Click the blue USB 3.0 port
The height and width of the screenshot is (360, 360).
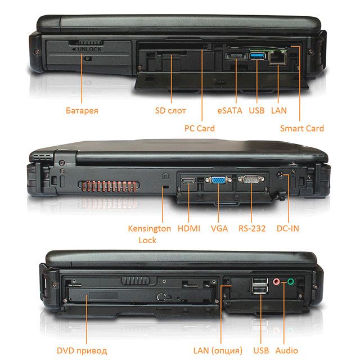258,56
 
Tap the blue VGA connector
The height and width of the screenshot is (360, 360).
218,180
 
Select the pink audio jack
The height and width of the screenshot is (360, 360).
276,281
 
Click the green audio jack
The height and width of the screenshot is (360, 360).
290,281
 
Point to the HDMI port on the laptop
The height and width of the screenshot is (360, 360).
188,181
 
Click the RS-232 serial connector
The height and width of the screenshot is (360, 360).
251,179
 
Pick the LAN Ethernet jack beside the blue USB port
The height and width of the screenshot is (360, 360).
277,57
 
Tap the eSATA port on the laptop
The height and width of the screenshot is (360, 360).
236,56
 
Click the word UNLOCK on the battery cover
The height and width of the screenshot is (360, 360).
89,49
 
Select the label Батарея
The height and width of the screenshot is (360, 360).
82,110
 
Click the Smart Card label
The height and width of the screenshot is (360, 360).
301,128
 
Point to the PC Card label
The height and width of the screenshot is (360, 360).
200,128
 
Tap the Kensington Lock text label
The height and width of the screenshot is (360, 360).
149,234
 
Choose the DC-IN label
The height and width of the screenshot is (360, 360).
287,228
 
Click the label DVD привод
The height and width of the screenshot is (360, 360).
82,350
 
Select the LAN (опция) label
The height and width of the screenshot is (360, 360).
218,350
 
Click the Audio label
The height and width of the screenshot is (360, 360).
286,350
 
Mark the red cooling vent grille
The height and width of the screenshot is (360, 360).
109,186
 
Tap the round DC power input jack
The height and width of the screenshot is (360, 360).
281,175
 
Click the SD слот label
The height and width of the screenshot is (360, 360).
170,110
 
